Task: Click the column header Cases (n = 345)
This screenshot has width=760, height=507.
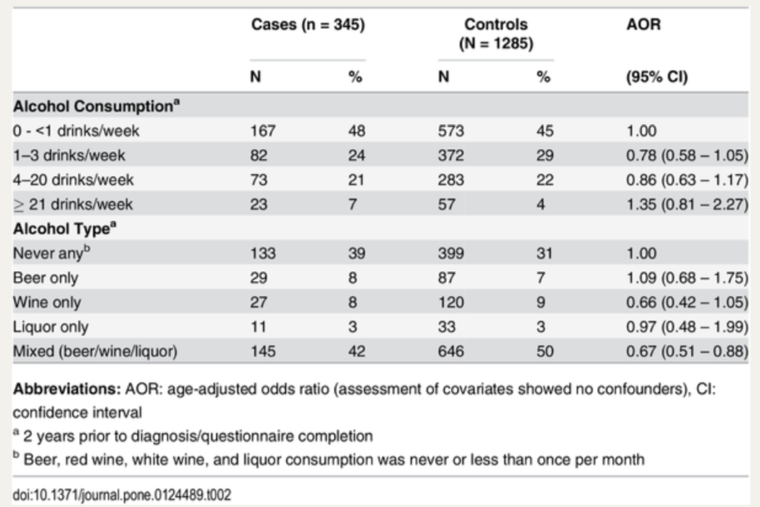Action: [308, 25]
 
